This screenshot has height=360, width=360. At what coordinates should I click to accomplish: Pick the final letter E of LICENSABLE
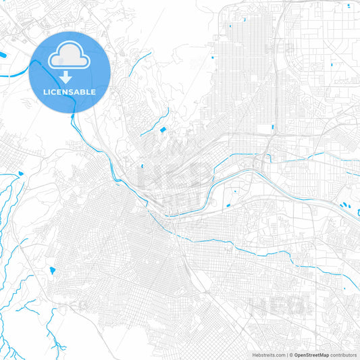click(93, 92)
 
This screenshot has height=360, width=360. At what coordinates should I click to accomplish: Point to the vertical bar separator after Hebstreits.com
click(286, 355)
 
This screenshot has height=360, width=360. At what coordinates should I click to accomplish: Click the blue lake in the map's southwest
click(52, 272)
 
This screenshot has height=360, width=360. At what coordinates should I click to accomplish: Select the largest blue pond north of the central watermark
click(163, 129)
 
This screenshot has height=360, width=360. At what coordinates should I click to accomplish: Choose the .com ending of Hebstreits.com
click(278, 355)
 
